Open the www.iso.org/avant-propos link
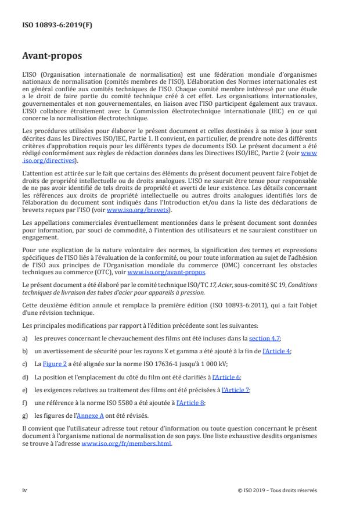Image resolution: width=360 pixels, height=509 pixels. (x=166, y=271)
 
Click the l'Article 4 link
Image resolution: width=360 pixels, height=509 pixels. (x=277, y=351)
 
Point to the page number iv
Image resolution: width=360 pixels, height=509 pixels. (x=24, y=490)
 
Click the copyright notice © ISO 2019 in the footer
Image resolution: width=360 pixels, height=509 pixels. (x=278, y=490)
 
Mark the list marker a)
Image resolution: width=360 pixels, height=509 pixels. (x=25, y=338)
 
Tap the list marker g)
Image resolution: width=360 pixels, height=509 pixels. (x=25, y=415)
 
